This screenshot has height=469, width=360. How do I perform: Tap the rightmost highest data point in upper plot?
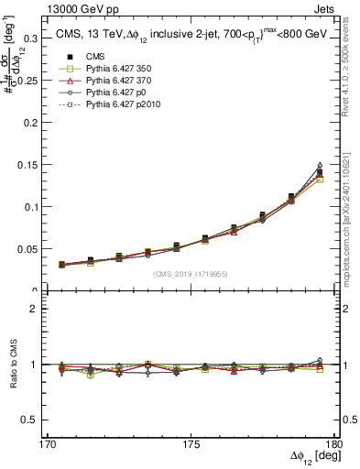[320, 165]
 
